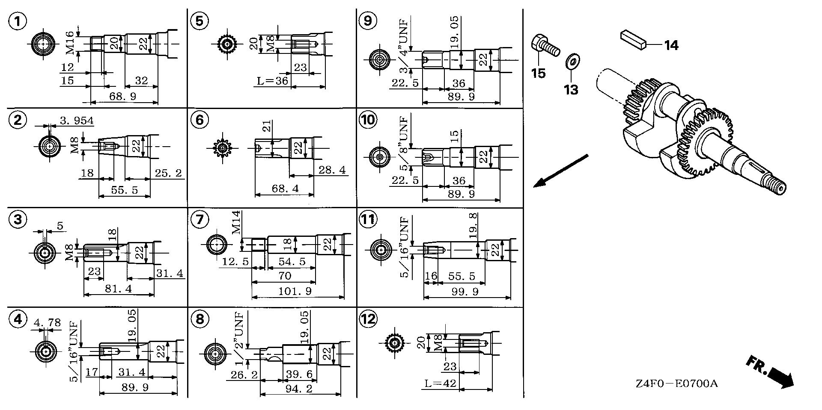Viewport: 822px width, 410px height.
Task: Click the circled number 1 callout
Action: click(x=18, y=21)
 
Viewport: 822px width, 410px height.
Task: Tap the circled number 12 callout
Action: click(x=368, y=319)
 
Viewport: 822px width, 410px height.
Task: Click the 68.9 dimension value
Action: click(x=123, y=96)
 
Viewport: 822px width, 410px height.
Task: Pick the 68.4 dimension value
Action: click(x=285, y=189)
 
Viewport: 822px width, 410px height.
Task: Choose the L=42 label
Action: click(x=441, y=383)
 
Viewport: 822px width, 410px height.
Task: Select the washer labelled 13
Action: click(x=571, y=62)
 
